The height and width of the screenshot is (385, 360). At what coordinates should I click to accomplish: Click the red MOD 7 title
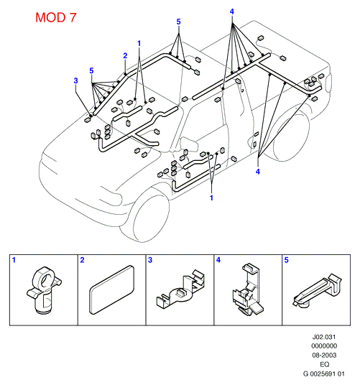[56, 17]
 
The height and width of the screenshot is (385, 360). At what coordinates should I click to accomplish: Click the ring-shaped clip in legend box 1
[44, 289]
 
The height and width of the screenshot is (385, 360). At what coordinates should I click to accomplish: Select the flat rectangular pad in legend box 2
[111, 289]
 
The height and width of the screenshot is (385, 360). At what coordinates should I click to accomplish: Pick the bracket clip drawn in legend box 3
[180, 289]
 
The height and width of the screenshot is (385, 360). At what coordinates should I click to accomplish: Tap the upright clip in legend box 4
[247, 289]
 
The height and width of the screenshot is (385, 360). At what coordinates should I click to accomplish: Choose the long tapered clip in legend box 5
[317, 292]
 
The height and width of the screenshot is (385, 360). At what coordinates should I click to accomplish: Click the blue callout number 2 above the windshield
[125, 56]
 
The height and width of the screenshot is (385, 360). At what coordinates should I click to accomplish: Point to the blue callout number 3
[75, 80]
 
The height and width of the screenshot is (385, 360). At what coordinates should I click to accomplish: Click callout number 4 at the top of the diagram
[232, 11]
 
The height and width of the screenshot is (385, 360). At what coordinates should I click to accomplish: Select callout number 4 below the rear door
[257, 172]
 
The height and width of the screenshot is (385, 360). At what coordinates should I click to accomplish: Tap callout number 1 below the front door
[211, 198]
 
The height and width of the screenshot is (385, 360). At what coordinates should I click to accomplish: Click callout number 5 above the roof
[178, 22]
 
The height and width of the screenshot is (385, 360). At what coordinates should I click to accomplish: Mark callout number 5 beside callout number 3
[91, 70]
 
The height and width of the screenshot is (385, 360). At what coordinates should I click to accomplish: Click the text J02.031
[324, 337]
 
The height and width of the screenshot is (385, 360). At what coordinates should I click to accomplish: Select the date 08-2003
[324, 355]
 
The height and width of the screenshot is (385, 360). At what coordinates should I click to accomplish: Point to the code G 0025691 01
[324, 374]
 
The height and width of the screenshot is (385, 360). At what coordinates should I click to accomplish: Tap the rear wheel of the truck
[290, 136]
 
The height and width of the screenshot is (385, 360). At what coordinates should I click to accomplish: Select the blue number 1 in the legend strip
[14, 260]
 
